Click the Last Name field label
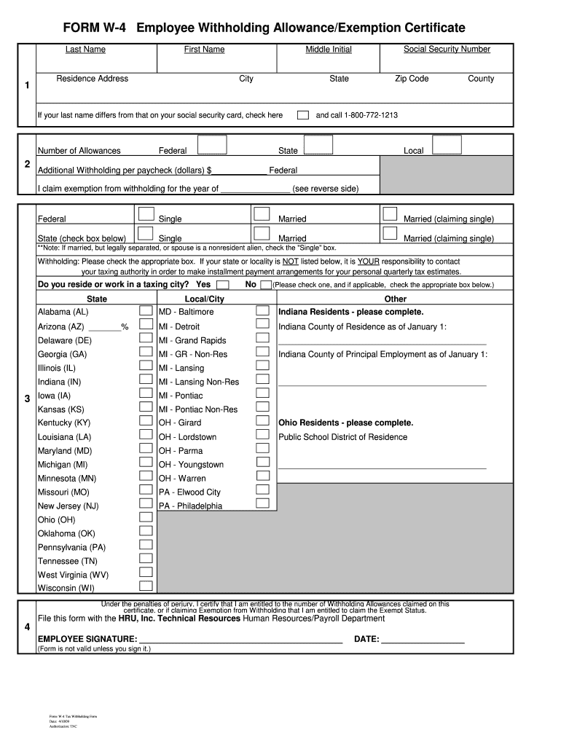tap(85, 50)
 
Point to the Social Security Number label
tap(447, 50)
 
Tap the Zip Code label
tap(412, 79)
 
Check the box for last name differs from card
tap(302, 115)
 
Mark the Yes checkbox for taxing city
tap(223, 285)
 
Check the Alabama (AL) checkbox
tap(146, 311)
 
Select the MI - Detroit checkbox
tap(263, 325)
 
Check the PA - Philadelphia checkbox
tap(263, 503)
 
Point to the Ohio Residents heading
tap(346, 423)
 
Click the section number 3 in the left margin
tap(26, 398)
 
